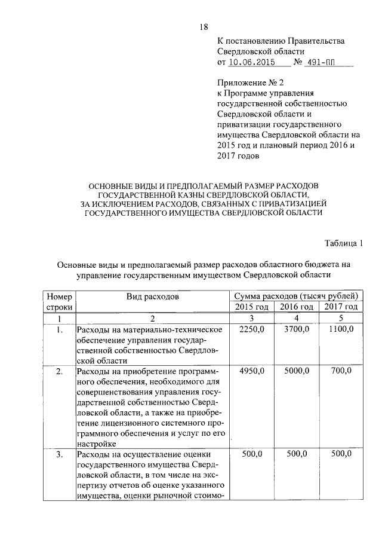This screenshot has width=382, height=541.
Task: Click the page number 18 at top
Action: point(203,26)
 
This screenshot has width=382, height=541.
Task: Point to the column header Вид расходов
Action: point(152,296)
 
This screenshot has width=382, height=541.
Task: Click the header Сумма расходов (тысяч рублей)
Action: point(296,296)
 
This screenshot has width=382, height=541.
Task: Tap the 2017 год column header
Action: point(341,307)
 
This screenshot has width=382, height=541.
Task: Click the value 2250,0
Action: point(251,329)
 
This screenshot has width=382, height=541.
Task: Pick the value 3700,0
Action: point(297,329)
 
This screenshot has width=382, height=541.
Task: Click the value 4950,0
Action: point(251,371)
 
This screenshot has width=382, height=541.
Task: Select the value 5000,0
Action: point(297,371)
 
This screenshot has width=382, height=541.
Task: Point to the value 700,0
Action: point(341,371)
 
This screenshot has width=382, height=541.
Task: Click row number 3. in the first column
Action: point(59,455)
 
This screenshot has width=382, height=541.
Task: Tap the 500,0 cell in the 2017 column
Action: point(341,455)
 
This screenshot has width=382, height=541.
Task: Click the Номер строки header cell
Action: point(59,301)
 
